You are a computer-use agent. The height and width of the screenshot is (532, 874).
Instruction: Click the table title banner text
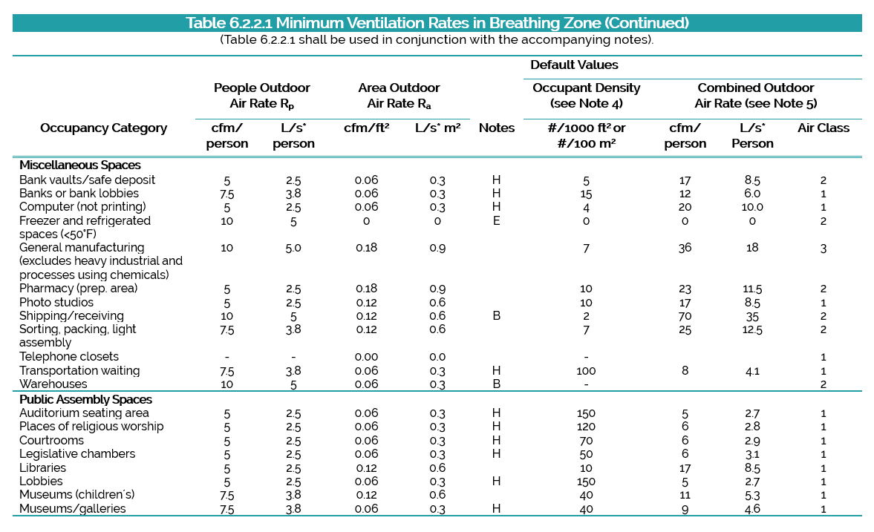437,23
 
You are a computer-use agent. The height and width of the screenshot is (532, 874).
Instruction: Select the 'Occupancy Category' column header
104,128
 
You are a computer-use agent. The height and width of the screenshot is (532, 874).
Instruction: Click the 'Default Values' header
574,65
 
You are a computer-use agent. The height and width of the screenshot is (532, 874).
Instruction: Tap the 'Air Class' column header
824,128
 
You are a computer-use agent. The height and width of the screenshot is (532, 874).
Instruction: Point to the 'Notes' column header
497,128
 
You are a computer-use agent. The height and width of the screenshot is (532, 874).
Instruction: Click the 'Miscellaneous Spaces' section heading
79,165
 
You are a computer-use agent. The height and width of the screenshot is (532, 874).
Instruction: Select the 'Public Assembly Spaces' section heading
85,399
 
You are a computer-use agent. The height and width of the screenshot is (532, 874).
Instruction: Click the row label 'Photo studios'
56,302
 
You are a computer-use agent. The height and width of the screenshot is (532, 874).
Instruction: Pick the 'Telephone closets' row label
68,357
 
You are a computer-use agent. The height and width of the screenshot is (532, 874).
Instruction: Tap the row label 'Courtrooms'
51,440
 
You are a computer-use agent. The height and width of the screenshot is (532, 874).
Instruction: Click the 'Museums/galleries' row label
73,508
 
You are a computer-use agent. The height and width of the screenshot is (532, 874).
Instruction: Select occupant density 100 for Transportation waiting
586,371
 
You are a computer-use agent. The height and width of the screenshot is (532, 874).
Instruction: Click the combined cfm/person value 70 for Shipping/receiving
685,316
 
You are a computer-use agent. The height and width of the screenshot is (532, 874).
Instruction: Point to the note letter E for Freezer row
496,221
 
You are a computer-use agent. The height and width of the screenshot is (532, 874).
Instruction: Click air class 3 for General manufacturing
824,249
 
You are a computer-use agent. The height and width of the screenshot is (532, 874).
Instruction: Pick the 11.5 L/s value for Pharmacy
752,289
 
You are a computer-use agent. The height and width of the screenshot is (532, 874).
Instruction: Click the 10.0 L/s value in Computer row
752,207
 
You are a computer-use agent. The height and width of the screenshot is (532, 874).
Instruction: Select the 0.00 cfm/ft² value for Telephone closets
366,357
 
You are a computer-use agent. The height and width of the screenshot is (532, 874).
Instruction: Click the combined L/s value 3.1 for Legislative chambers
752,455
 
